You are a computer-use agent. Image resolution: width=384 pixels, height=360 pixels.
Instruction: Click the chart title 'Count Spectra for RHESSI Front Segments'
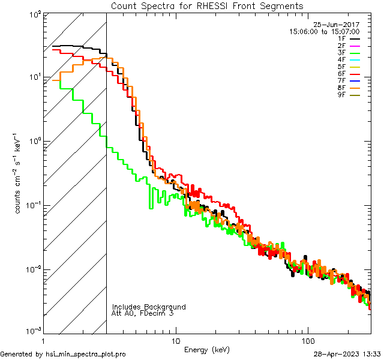click(x=207, y=6)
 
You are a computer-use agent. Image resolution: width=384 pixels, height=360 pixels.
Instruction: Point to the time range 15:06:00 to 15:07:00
click(x=324, y=31)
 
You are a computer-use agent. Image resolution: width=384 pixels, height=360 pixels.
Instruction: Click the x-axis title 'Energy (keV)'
click(x=207, y=350)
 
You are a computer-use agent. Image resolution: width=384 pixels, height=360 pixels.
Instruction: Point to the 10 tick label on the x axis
click(x=175, y=341)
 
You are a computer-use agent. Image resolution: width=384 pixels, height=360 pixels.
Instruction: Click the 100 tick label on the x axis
click(x=308, y=341)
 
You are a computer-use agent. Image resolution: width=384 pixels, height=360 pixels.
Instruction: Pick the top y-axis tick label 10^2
click(x=34, y=13)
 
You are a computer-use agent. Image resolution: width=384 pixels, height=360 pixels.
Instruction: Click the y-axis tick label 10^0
click(x=34, y=141)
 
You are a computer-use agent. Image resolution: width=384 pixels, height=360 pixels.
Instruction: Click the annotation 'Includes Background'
click(x=148, y=307)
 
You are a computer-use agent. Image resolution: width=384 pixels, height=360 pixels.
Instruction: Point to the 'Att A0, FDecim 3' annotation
click(x=142, y=314)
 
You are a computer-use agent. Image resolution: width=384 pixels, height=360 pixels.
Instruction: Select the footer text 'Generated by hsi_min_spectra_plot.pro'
click(x=63, y=355)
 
